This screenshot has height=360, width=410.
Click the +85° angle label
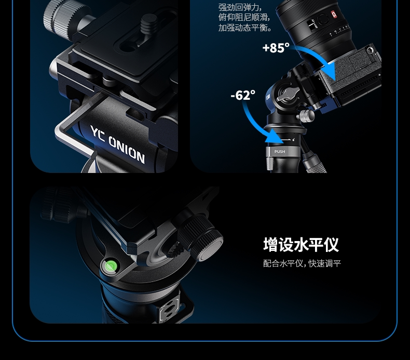276,48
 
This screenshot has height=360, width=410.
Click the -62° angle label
243,95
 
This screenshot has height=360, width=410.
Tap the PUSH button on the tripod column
279,151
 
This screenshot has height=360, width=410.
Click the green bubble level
111,266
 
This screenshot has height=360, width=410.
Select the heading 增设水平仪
300,245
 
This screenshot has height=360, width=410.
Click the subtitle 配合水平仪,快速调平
302,263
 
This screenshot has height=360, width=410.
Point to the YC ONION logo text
117,144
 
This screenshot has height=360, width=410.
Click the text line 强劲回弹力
240,7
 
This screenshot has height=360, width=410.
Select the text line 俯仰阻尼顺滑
244,17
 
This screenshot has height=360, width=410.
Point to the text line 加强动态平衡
245,28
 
